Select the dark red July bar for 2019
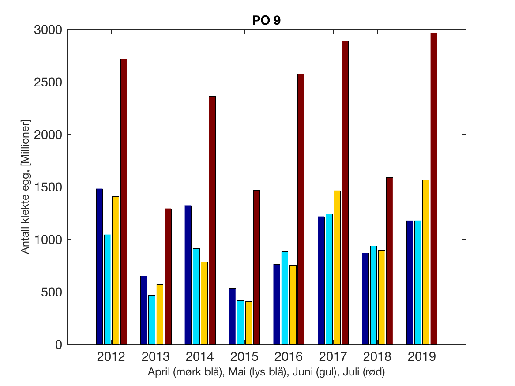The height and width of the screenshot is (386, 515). (x=434, y=188)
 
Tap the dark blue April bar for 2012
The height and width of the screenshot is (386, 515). (x=99, y=266)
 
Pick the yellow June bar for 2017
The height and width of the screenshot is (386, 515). (x=337, y=267)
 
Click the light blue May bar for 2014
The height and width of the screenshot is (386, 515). (x=196, y=296)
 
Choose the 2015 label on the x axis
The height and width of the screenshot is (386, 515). (x=244, y=356)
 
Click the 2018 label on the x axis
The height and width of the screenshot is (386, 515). (x=377, y=356)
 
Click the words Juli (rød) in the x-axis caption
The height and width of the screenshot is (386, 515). (x=367, y=372)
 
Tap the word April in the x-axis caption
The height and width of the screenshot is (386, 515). (x=159, y=372)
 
